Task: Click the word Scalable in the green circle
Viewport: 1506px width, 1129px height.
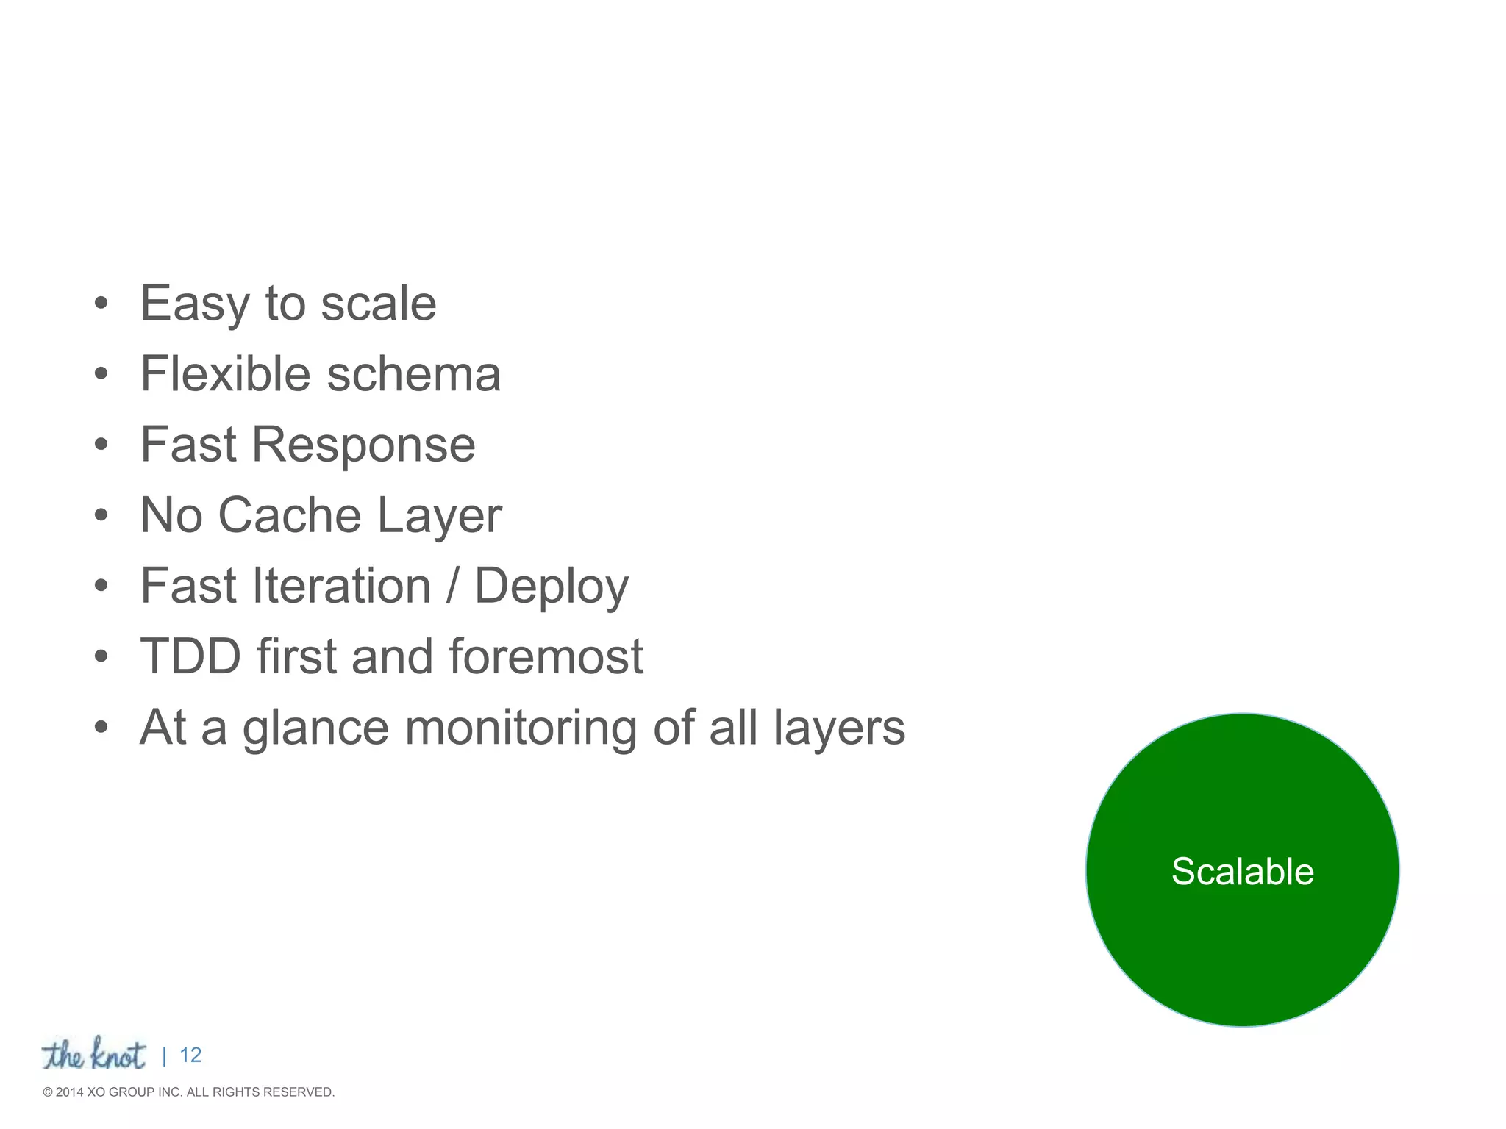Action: (1242, 872)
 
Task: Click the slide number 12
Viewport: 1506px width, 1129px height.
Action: (190, 1055)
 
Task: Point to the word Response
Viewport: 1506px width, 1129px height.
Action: (363, 445)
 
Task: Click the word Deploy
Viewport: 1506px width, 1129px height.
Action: (552, 587)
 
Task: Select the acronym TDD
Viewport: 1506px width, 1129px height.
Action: (190, 656)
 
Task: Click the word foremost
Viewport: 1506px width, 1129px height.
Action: (546, 656)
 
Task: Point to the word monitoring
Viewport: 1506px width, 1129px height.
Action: (521, 728)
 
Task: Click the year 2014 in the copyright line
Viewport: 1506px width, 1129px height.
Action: (70, 1092)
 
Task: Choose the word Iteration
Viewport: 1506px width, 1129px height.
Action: (341, 586)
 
